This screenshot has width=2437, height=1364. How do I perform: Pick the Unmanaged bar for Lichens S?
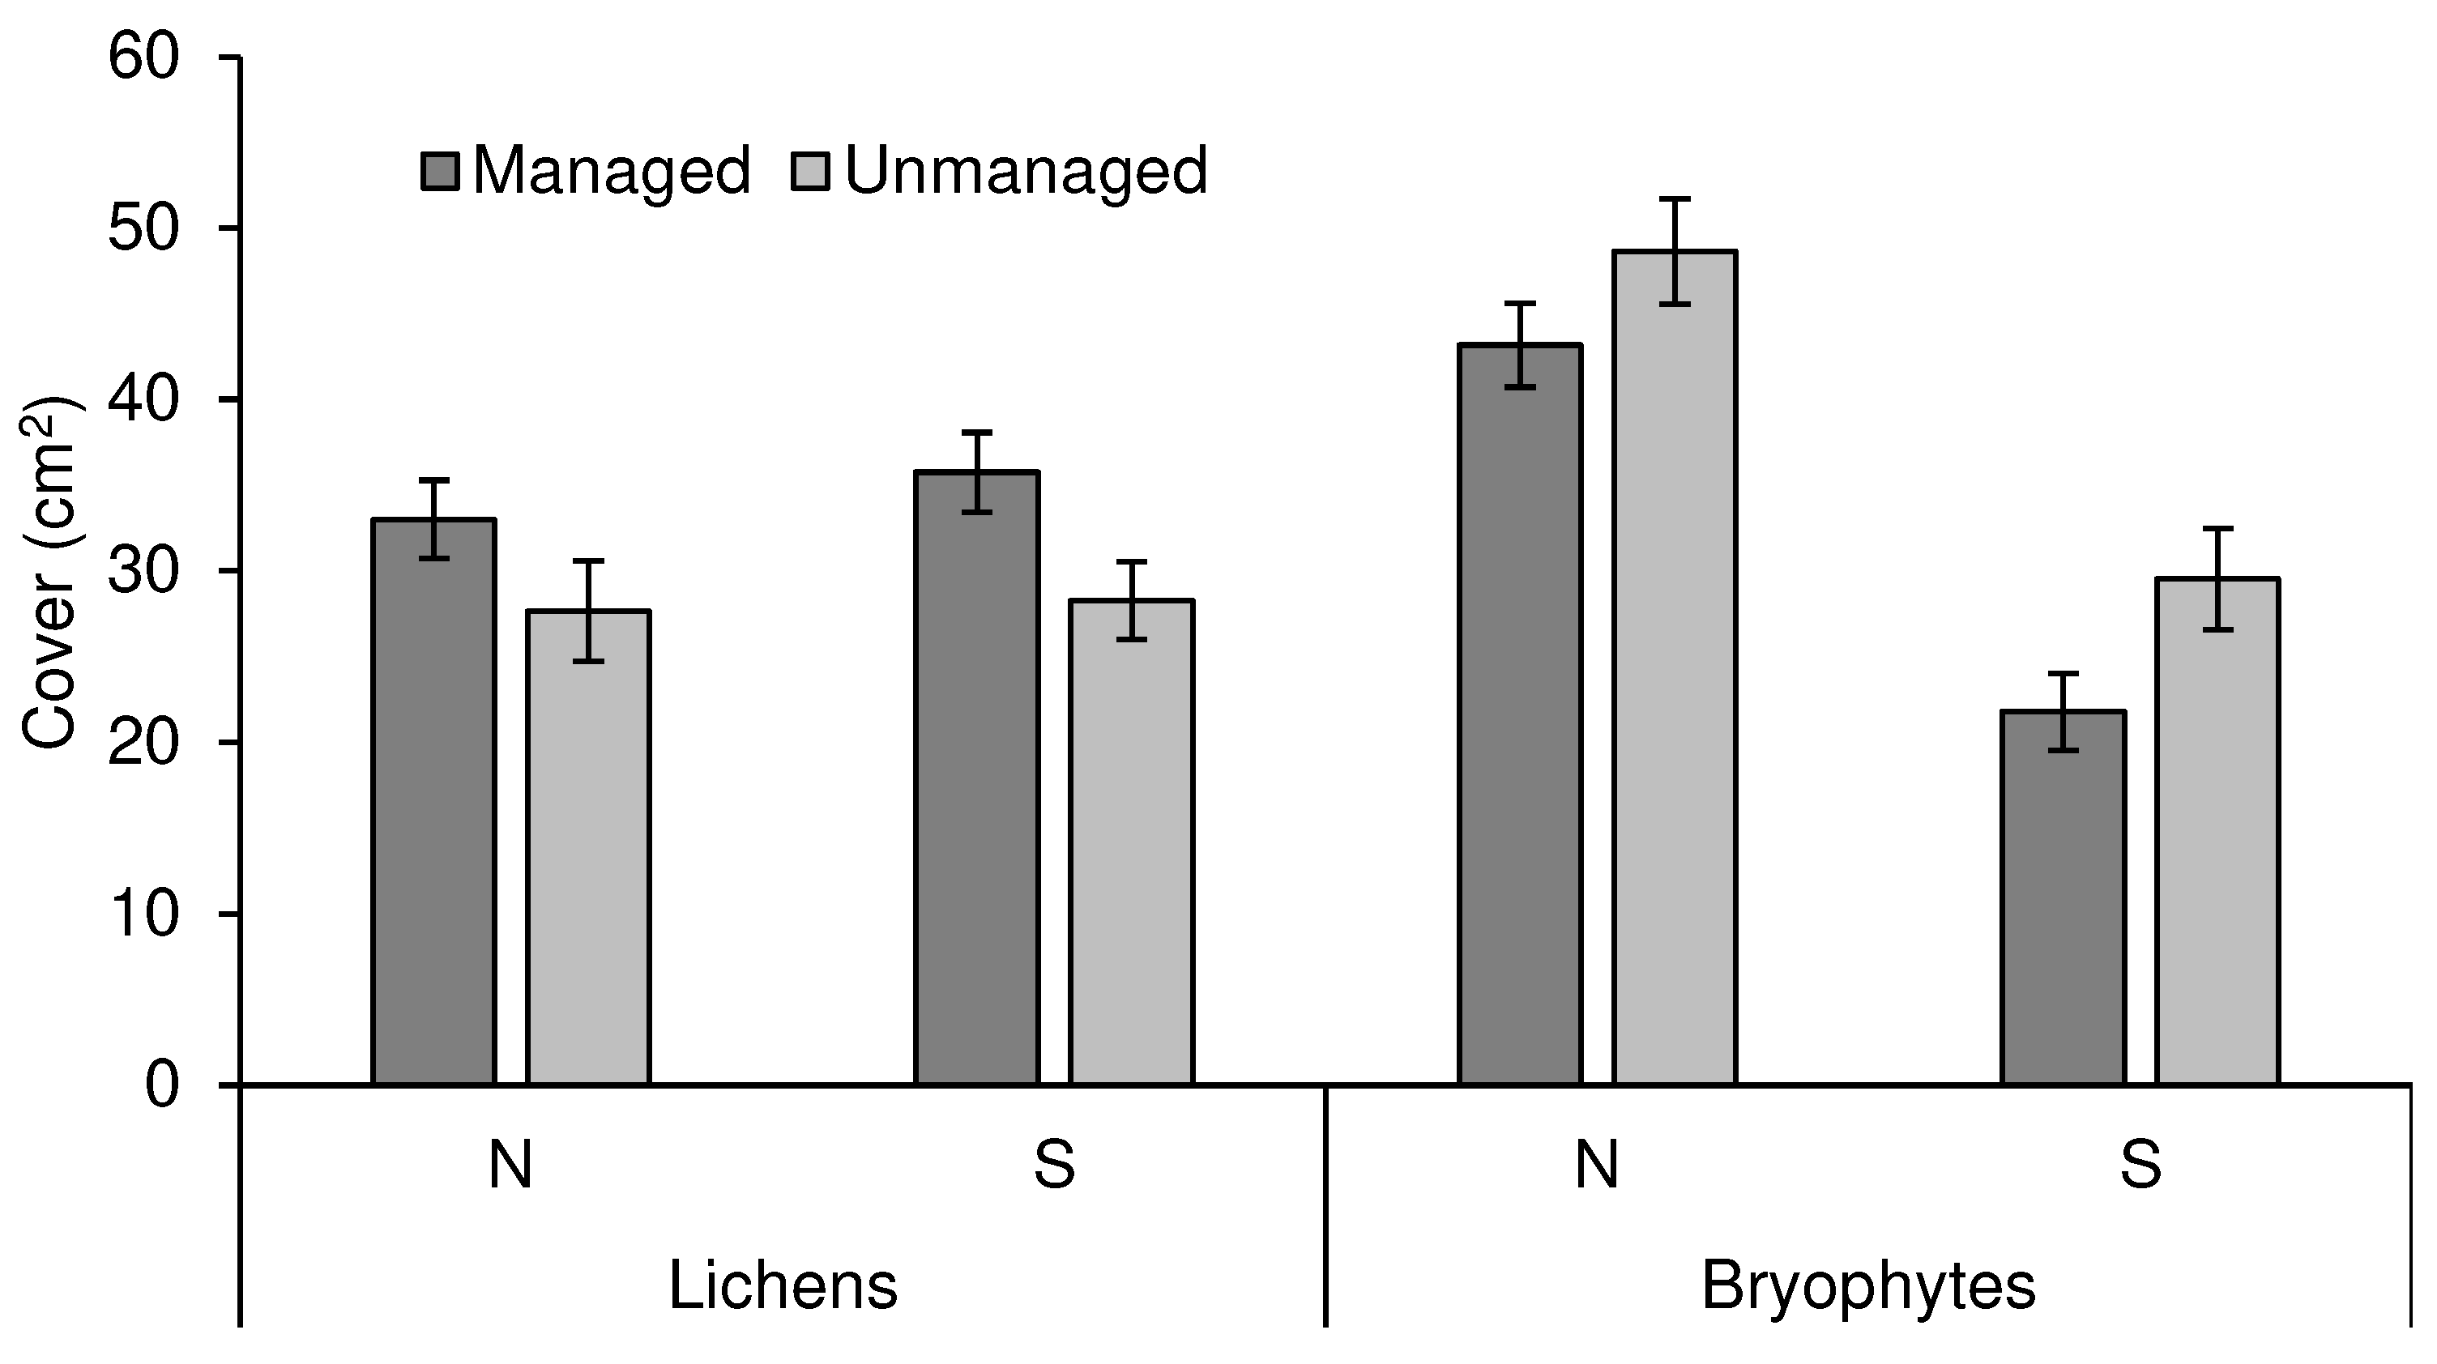click(1130, 841)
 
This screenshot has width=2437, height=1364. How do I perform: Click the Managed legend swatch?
click(440, 173)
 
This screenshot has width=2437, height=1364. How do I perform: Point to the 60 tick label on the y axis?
click(143, 58)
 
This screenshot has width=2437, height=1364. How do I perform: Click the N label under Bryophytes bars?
click(1597, 1166)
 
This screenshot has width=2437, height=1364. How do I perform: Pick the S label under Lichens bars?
click(1054, 1166)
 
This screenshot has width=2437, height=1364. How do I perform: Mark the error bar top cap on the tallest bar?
click(1674, 199)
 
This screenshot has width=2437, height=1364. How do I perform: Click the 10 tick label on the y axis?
click(143, 914)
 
